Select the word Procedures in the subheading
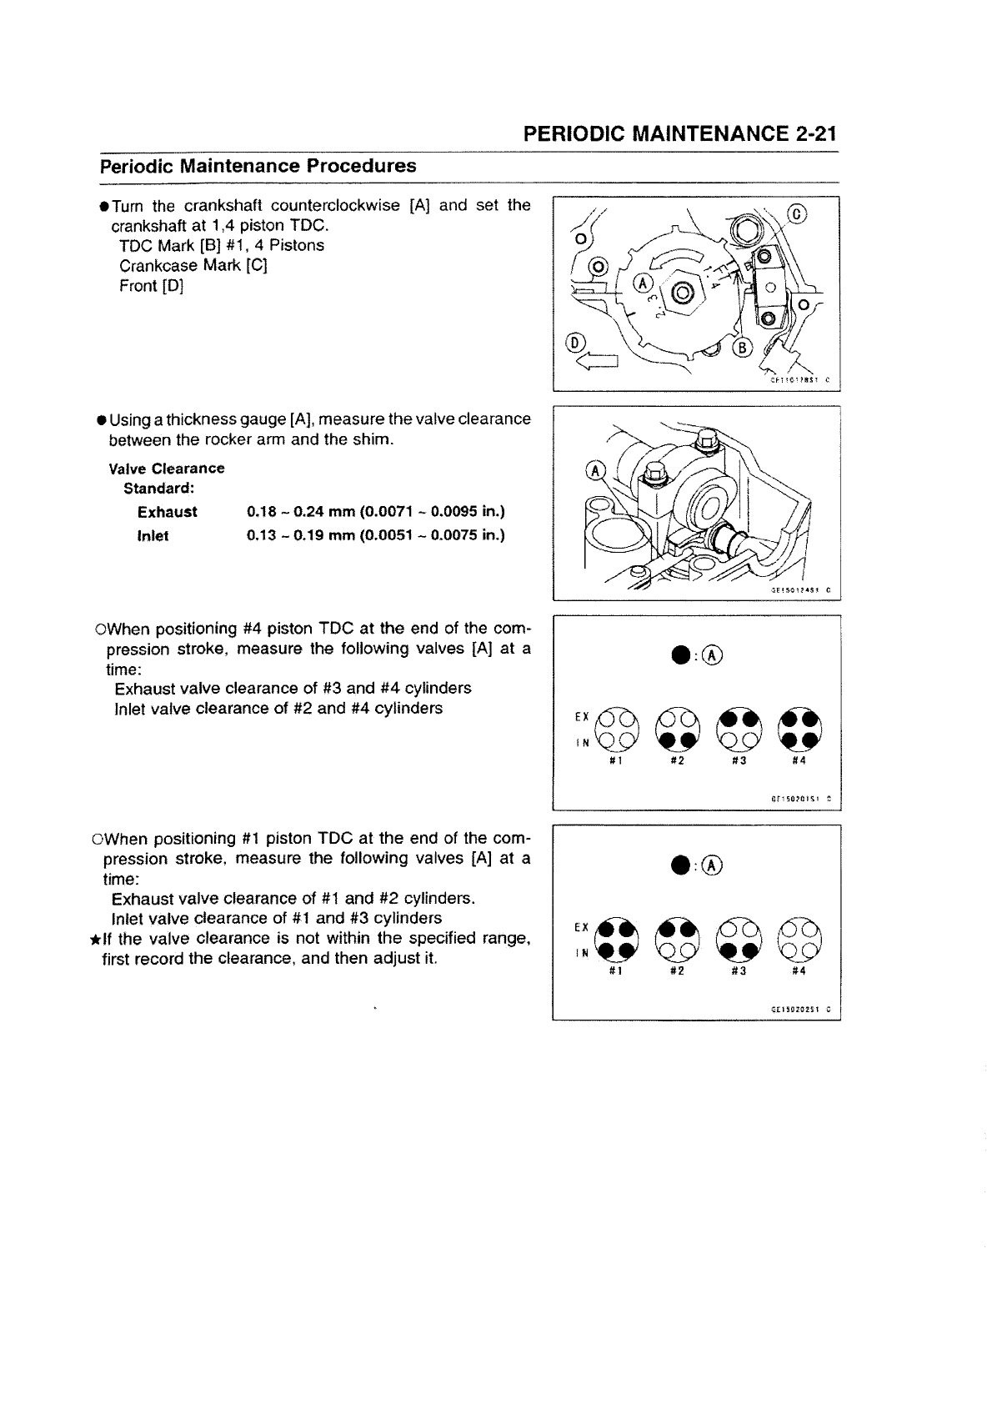pos(361,165)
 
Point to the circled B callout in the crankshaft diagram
pos(742,348)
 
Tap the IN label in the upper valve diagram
pos(584,742)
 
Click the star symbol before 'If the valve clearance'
pos(95,940)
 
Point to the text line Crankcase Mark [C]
pos(193,266)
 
